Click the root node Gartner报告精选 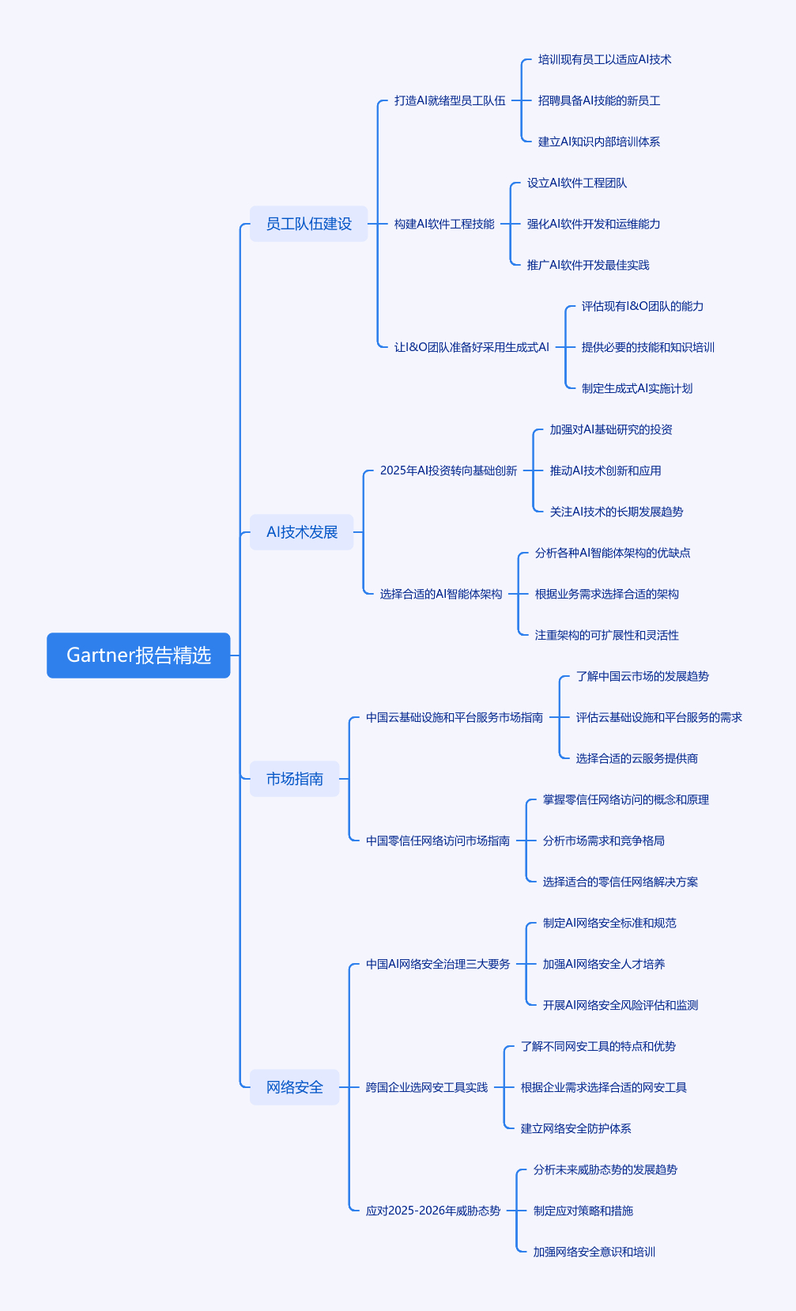(138, 655)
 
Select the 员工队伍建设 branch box (308, 224)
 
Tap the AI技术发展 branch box (301, 532)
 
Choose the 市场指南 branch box (294, 779)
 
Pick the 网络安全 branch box (294, 1087)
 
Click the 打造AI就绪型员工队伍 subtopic (449, 100)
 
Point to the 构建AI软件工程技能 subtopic (444, 224)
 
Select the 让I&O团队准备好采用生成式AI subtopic (471, 347)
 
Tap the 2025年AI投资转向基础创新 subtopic (448, 470)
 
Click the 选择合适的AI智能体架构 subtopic (440, 594)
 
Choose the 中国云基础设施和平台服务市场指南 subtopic (454, 717)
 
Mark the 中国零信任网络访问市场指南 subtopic (437, 841)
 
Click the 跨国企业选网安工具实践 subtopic (426, 1087)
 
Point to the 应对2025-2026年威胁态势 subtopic (432, 1211)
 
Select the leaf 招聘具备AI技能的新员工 (598, 100)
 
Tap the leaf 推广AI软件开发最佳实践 (587, 265)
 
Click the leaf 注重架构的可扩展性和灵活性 (606, 635)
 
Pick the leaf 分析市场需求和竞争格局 (603, 841)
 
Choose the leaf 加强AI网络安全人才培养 (603, 964)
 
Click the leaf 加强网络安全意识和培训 (594, 1252)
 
